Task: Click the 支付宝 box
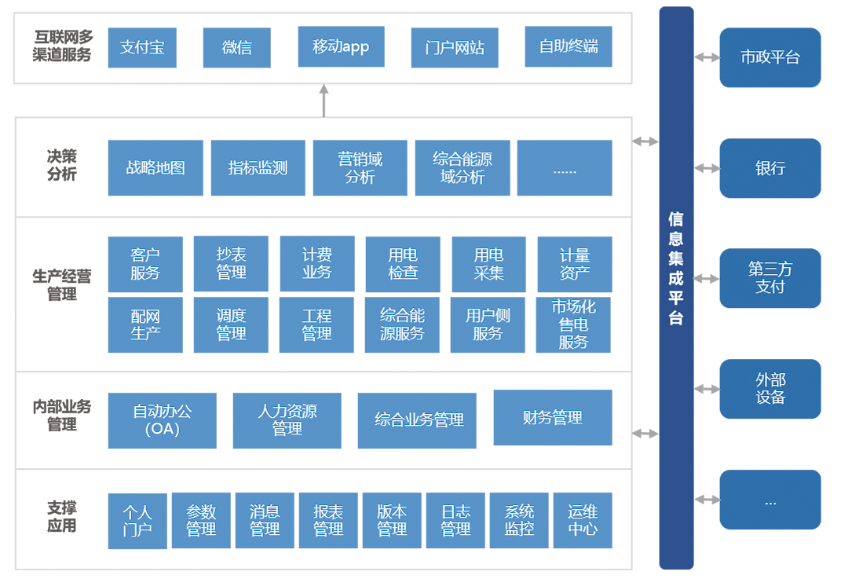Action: (x=142, y=48)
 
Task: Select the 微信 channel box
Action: (x=237, y=48)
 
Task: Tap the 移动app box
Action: (x=341, y=47)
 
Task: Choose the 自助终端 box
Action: (x=569, y=47)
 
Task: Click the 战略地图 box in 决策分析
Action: (x=155, y=168)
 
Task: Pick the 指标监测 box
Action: (x=258, y=168)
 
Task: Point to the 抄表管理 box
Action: (x=231, y=264)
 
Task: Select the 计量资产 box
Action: (x=574, y=264)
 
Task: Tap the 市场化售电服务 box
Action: (x=573, y=324)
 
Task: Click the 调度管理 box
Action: (x=231, y=324)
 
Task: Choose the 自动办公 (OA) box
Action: (x=163, y=420)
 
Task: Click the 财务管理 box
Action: (x=552, y=418)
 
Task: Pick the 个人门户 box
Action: (x=137, y=521)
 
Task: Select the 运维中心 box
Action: (x=583, y=521)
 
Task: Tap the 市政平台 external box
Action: (x=770, y=57)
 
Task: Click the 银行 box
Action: (x=770, y=168)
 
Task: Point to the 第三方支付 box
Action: (x=770, y=278)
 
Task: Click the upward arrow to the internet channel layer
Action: (x=324, y=101)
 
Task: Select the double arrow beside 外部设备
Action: (x=707, y=389)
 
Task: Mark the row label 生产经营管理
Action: (x=61, y=285)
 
